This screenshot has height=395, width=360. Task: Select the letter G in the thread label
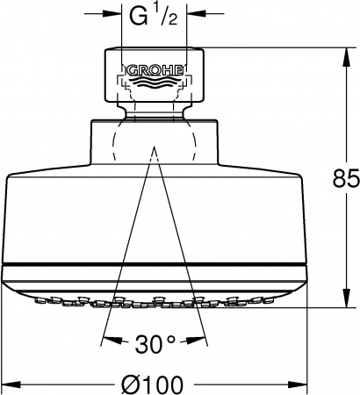point(137,15)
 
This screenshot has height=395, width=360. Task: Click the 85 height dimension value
point(348,180)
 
